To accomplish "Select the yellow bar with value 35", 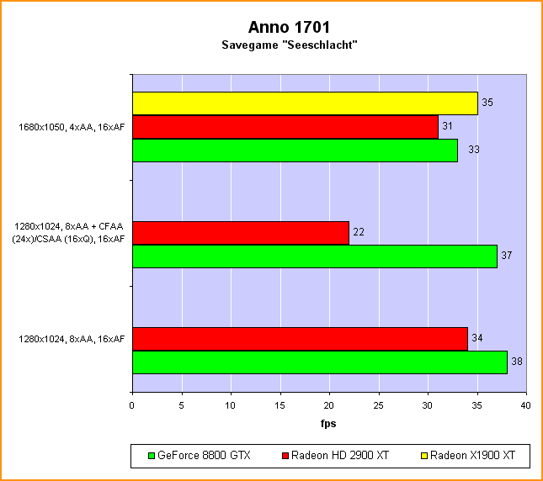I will click(x=305, y=103).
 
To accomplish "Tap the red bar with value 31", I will click(x=285, y=127).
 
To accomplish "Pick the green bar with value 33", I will click(x=295, y=150).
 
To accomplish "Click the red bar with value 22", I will click(x=241, y=233).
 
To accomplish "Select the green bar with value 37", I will click(x=315, y=256).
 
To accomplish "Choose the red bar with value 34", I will click(x=300, y=339).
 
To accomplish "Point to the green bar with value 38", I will click(x=320, y=362).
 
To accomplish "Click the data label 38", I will click(x=517, y=362).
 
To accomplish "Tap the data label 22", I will click(x=359, y=233).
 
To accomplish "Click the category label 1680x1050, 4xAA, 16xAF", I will click(x=72, y=128).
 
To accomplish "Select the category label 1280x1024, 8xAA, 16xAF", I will click(x=72, y=339).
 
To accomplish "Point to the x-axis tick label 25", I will click(x=379, y=405).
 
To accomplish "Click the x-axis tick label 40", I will click(x=526, y=405).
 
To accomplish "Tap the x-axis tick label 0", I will click(x=132, y=405).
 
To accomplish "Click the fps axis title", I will click(x=328, y=424).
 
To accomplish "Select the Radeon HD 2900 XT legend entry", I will click(x=334, y=457).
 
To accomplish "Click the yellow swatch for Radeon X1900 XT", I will click(x=423, y=457).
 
